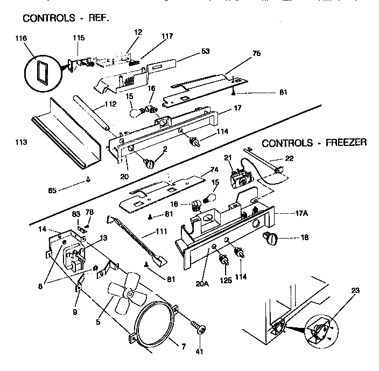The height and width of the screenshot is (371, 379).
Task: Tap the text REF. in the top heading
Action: (97, 18)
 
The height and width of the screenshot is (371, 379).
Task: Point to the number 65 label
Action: (52, 189)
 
